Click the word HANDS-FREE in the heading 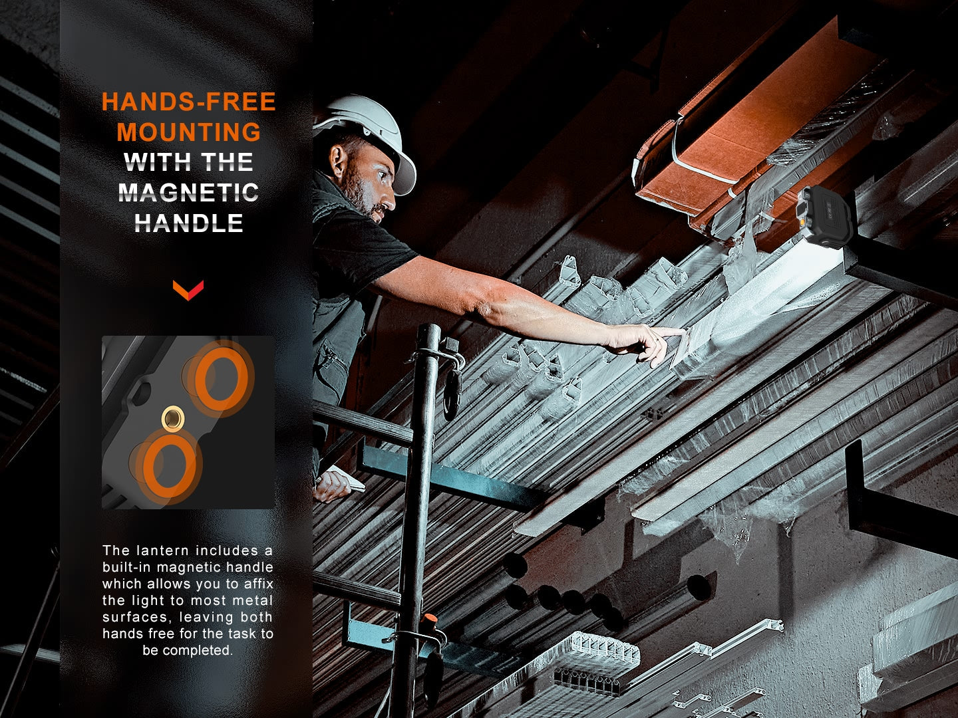pyautogui.click(x=188, y=102)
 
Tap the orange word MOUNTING pyautogui.click(x=188, y=132)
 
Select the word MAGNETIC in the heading pyautogui.click(x=188, y=193)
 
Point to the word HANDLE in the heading pyautogui.click(x=188, y=223)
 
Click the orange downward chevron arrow pyautogui.click(x=188, y=290)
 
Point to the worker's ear pyautogui.click(x=339, y=159)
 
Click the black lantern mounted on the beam pyautogui.click(x=823, y=217)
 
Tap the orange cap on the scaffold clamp pyautogui.click(x=430, y=619)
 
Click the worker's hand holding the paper pyautogui.click(x=332, y=485)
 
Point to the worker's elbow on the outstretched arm pyautogui.click(x=482, y=307)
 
